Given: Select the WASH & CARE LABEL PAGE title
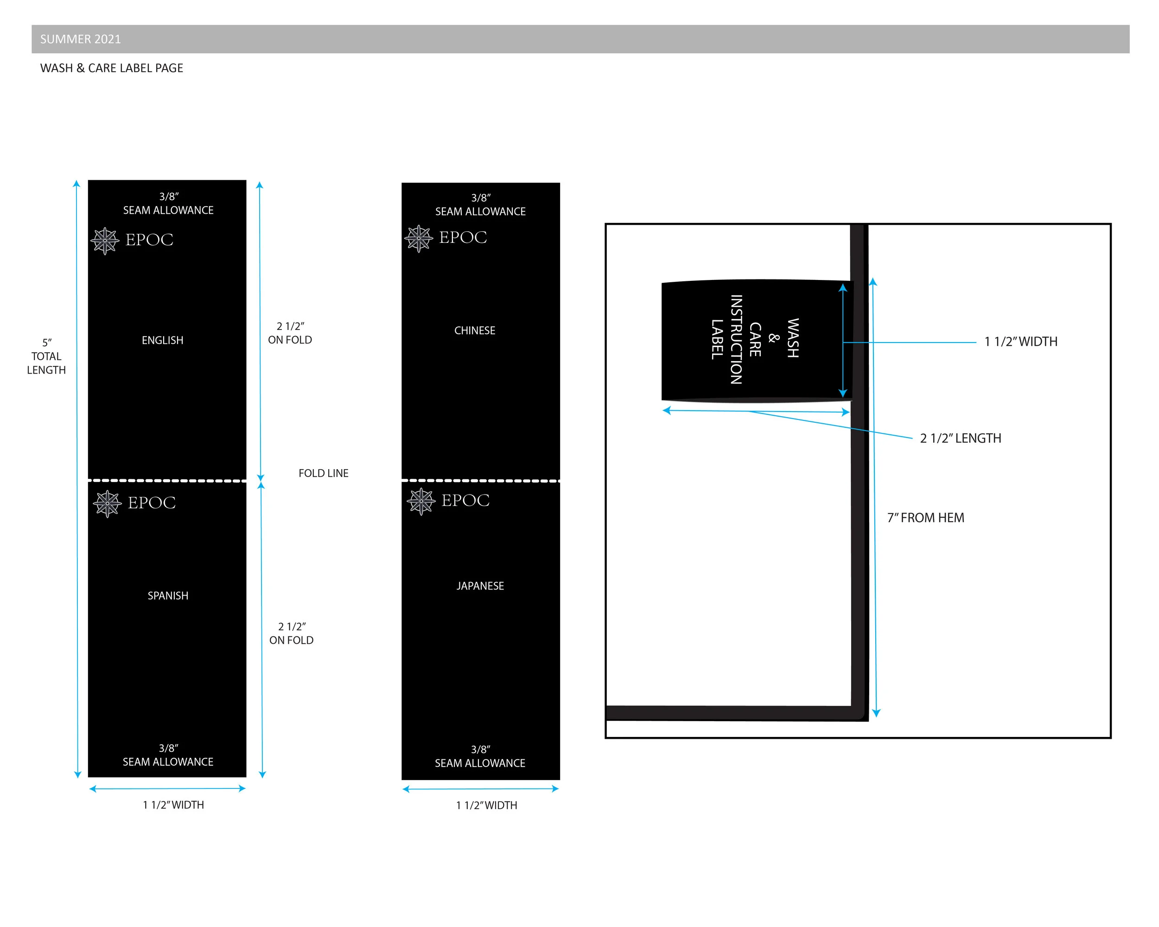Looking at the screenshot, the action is pyautogui.click(x=112, y=68).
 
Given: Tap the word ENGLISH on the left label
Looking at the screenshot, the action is pyautogui.click(x=162, y=340).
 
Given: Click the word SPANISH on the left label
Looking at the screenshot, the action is pyautogui.click(x=168, y=596).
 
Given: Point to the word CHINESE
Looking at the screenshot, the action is pyautogui.click(x=475, y=330).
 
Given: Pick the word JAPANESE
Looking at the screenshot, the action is pyautogui.click(x=480, y=586).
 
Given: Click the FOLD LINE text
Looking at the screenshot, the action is pyautogui.click(x=324, y=473).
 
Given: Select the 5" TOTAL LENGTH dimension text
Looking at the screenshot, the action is pyautogui.click(x=47, y=356).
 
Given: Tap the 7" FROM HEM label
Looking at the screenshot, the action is pyautogui.click(x=926, y=518).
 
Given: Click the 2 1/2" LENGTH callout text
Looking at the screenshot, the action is pyautogui.click(x=961, y=438).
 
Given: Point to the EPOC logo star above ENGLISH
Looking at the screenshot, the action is pyautogui.click(x=105, y=241).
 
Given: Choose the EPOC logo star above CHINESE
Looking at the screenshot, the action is pyautogui.click(x=419, y=239).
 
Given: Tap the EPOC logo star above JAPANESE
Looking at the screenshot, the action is pyautogui.click(x=421, y=502).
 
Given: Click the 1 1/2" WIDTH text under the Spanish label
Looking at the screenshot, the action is pyautogui.click(x=173, y=805).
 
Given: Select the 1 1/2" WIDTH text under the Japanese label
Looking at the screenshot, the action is pyautogui.click(x=486, y=805).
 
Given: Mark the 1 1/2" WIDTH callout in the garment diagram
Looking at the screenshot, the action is pyautogui.click(x=1021, y=341).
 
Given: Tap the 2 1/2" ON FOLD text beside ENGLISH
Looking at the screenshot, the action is pyautogui.click(x=290, y=333).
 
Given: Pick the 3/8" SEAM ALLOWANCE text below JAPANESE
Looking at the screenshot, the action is pyautogui.click(x=480, y=756).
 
